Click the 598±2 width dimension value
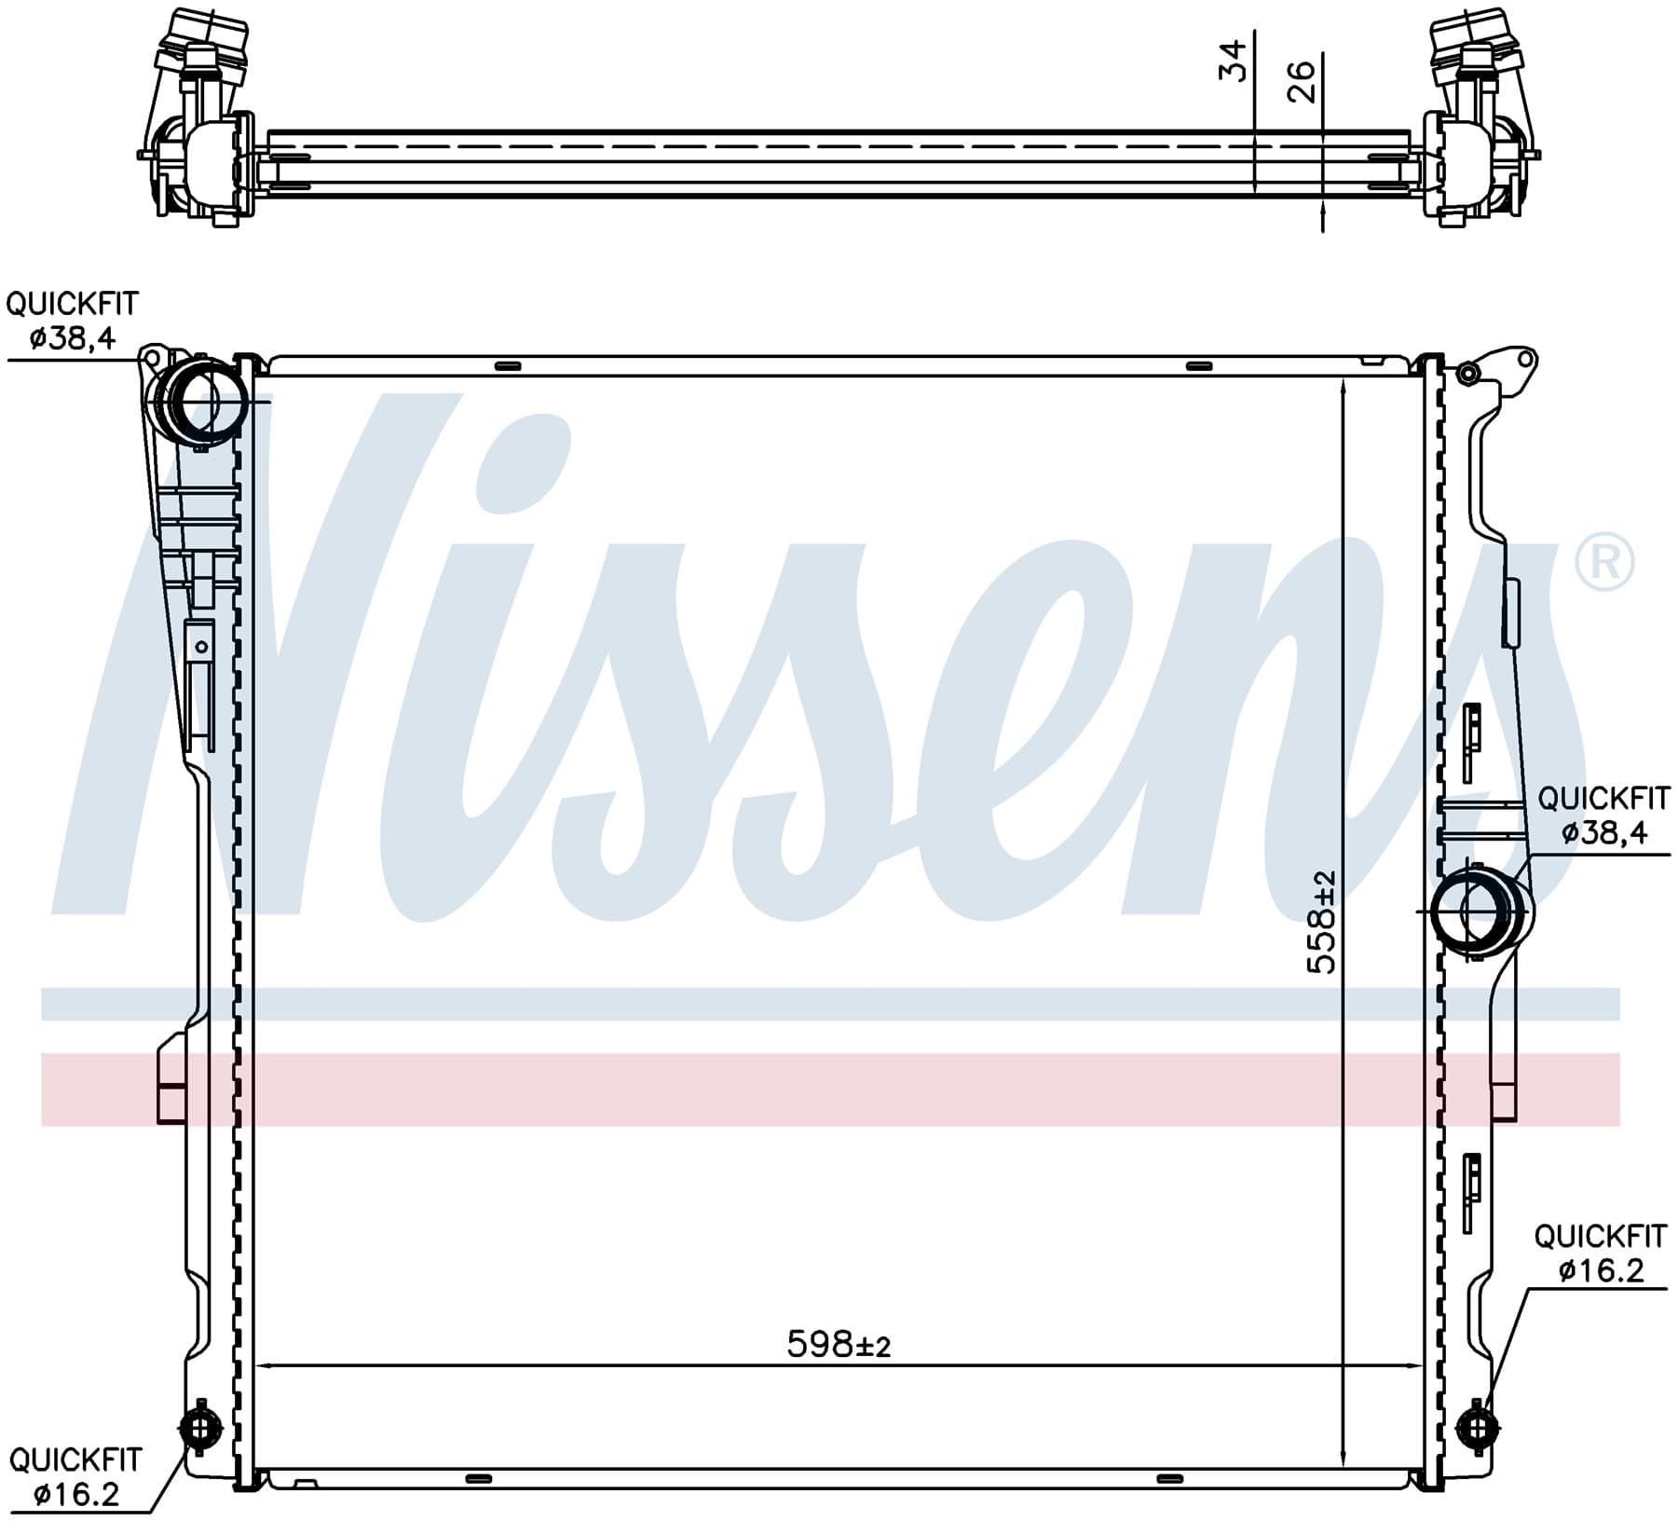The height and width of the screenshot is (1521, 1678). click(839, 1345)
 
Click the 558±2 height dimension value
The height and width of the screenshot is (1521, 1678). click(1321, 922)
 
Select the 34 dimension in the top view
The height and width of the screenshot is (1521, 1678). click(1233, 61)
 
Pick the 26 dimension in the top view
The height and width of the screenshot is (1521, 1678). click(1300, 81)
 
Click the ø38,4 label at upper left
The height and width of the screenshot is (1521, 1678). click(73, 338)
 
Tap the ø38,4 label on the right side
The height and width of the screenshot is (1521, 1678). click(1604, 831)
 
